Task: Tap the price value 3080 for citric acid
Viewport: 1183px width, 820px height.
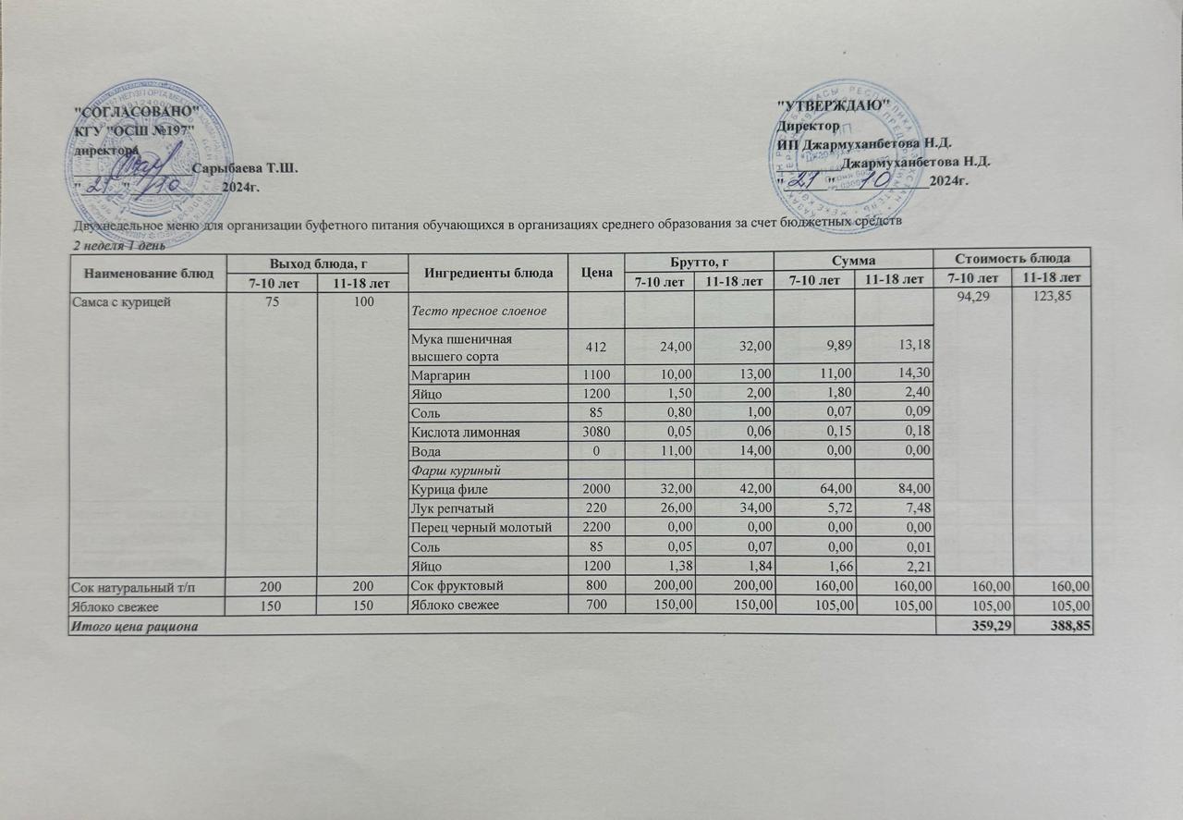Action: [x=596, y=432]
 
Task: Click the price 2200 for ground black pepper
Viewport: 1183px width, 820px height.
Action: [x=596, y=527]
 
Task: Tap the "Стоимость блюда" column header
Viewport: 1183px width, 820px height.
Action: [x=1013, y=258]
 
